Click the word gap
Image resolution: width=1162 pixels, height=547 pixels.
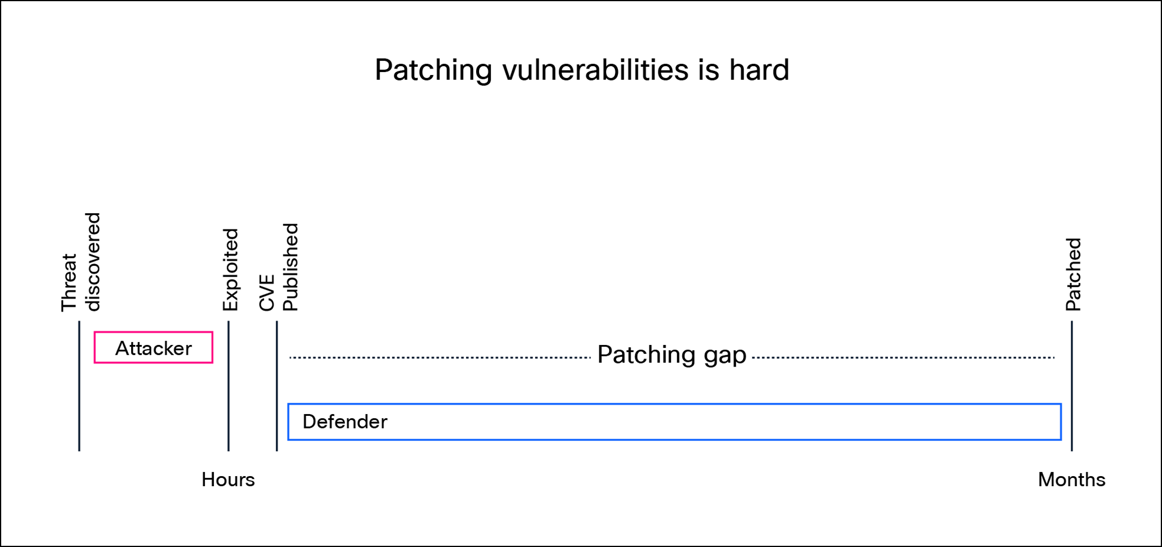725,356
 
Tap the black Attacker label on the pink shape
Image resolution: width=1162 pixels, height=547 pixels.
154,348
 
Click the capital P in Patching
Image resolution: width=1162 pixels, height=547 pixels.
604,355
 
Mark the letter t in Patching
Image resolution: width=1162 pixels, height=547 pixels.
630,355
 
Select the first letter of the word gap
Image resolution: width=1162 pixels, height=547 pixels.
711,358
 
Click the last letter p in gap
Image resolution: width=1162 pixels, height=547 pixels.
740,358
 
